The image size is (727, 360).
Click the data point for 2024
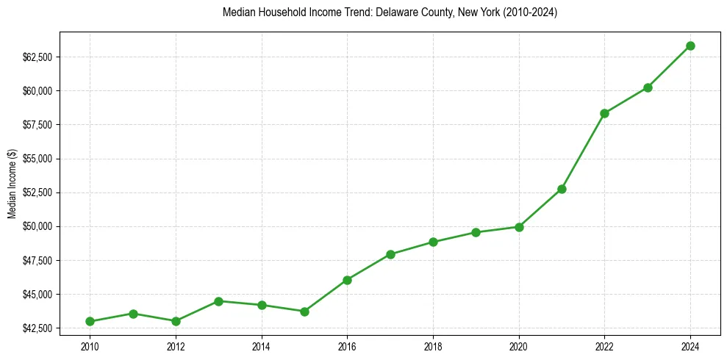pyautogui.click(x=690, y=46)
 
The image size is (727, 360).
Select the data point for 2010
pyautogui.click(x=90, y=321)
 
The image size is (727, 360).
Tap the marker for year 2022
pyautogui.click(x=604, y=113)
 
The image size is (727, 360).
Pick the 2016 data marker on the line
pyautogui.click(x=347, y=280)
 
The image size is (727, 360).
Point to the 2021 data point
pyautogui.click(x=562, y=189)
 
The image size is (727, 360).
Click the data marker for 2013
pyautogui.click(x=218, y=301)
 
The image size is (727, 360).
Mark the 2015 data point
pyautogui.click(x=304, y=312)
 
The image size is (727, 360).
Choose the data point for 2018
pyautogui.click(x=433, y=242)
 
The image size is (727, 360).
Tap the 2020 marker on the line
pyautogui.click(x=519, y=227)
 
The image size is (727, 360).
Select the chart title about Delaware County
pyautogui.click(x=390, y=12)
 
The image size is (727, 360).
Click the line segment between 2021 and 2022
pyautogui.click(x=583, y=151)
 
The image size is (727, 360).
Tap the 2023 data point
pyautogui.click(x=648, y=87)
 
